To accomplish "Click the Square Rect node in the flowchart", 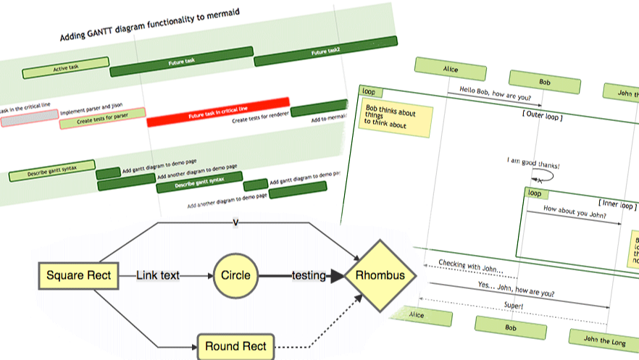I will coord(79,275).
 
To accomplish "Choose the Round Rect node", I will coord(235,346).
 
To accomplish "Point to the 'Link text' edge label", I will coord(159,275).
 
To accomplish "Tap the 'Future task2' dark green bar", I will coord(325,52).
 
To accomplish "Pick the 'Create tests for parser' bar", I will coord(102,118).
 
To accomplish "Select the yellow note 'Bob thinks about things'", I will coord(396,119).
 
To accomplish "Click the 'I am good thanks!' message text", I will coord(533,161).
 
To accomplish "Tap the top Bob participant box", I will coord(544,82).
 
